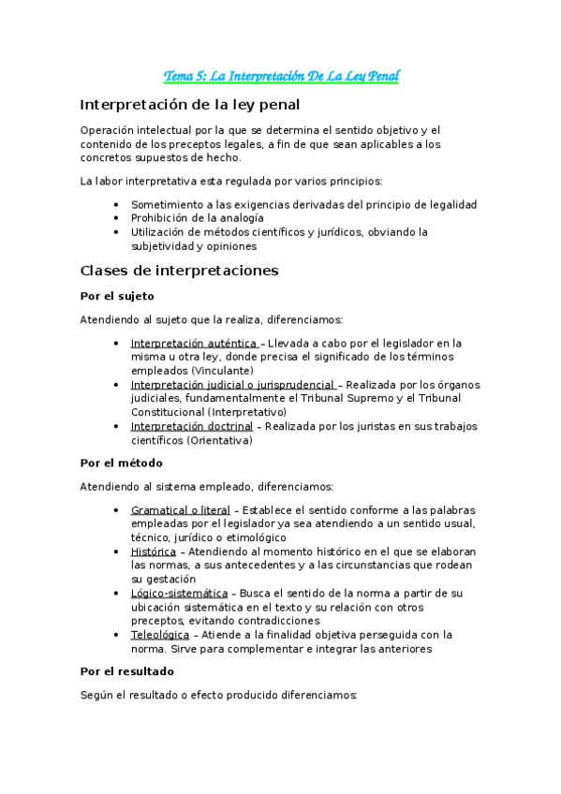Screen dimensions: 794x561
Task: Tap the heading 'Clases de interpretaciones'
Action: pos(180,271)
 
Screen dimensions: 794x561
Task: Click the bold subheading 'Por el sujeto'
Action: pos(117,296)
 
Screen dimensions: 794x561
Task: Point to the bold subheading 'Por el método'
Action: pos(122,463)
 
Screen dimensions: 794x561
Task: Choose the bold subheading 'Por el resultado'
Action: pos(126,671)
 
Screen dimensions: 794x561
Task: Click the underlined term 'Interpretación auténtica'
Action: pos(194,344)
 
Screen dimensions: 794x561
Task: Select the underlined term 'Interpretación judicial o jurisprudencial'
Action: pos(232,385)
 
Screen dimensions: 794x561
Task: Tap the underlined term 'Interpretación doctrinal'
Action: pos(191,426)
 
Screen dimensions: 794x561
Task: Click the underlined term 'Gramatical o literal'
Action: pos(180,510)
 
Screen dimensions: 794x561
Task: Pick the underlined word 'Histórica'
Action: pos(153,551)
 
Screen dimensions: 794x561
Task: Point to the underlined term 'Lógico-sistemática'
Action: pos(179,593)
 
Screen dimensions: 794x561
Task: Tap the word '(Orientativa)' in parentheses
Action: pos(219,440)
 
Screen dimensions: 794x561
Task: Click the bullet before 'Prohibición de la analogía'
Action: pos(115,218)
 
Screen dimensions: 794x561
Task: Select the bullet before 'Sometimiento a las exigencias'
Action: pos(115,204)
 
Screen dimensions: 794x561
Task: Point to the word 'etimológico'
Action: pos(254,537)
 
